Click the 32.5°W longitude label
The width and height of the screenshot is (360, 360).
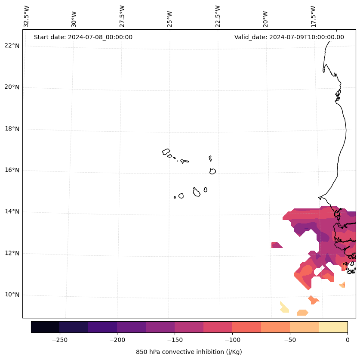[27, 16]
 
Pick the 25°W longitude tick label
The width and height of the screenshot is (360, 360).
[170, 19]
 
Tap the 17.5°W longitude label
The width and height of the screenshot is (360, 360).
[313, 16]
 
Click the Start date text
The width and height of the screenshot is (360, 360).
[83, 37]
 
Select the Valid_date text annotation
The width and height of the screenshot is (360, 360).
[289, 37]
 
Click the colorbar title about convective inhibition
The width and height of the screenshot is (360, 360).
[189, 352]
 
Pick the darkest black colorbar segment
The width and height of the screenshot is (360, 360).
[45, 327]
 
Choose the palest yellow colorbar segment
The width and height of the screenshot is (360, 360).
[333, 327]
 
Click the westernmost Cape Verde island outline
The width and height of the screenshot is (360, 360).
[166, 152]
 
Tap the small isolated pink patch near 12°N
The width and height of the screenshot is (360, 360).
[277, 245]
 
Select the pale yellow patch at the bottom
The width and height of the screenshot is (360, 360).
[284, 307]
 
